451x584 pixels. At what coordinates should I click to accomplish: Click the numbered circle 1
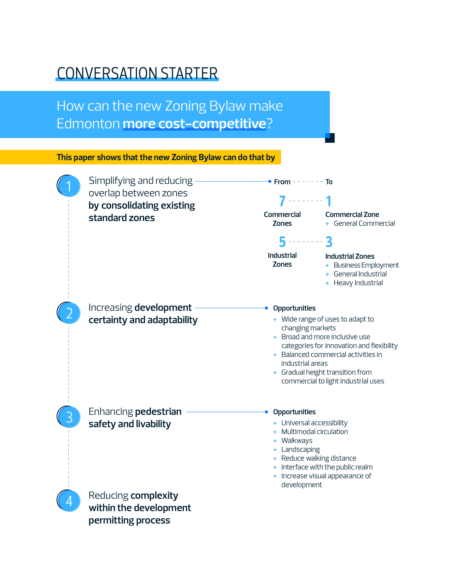69,186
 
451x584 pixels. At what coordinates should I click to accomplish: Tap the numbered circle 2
69,313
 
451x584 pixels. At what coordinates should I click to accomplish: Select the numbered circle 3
69,417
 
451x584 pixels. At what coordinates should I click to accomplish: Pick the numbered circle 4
69,501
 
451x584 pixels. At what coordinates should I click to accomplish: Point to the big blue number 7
282,201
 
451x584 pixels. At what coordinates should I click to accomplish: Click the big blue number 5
282,242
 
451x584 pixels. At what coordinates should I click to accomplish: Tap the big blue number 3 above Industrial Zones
329,242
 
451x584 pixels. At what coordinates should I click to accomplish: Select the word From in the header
282,182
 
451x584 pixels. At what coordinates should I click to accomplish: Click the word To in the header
329,182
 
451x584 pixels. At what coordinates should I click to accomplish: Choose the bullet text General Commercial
364,224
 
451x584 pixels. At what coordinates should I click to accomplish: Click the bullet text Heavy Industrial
358,283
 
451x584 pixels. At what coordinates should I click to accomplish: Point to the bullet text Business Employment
366,265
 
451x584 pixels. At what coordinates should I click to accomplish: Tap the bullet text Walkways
297,441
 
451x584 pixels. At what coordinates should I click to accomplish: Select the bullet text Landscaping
300,450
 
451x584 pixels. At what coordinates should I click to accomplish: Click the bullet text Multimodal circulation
314,432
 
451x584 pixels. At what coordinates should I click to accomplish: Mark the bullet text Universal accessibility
314,423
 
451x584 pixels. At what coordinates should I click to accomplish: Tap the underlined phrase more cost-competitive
194,124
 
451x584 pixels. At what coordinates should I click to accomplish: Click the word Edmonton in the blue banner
88,124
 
